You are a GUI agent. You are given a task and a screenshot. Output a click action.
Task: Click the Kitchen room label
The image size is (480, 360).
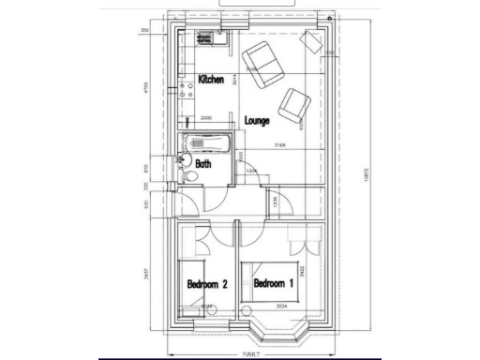click(x=211, y=82)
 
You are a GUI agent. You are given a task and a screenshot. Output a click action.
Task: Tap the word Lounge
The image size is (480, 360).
click(x=258, y=121)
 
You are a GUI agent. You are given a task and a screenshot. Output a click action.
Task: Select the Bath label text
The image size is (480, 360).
click(x=203, y=162)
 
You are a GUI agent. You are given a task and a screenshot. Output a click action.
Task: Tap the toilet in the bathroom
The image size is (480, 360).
click(x=189, y=175)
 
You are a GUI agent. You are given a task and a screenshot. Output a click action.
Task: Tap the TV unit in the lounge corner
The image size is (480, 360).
click(x=310, y=41)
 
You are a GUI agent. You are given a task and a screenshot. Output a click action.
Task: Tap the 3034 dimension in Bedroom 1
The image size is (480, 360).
click(x=281, y=307)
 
